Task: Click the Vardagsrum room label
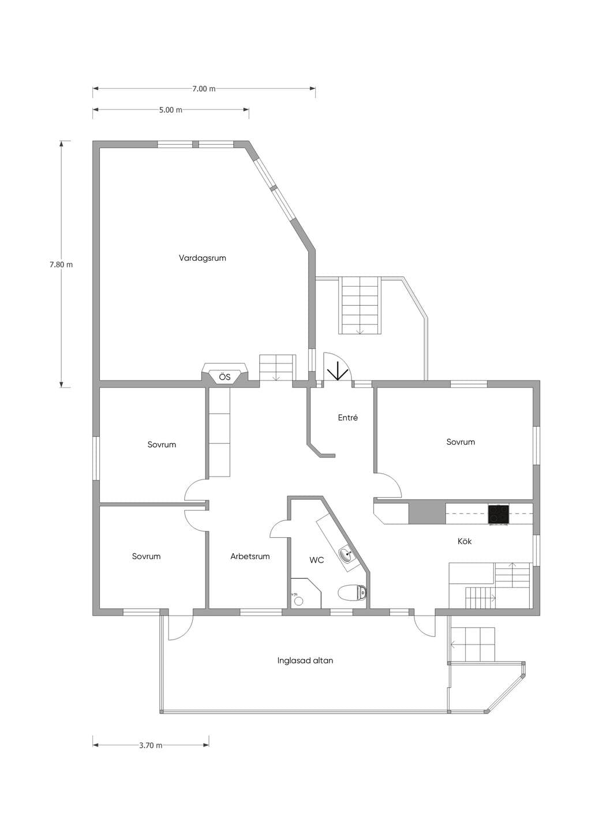coord(203,258)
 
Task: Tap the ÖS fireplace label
coord(225,377)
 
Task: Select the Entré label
coord(347,418)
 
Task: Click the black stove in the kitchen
coord(499,514)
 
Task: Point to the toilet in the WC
coord(353,592)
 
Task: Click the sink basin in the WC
coord(347,554)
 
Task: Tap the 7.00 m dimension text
coord(204,89)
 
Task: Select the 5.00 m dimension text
coord(171,110)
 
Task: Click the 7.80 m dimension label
coord(61,265)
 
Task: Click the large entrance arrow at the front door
coord(337,370)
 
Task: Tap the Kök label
coord(465,541)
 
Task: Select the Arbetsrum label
coord(250,556)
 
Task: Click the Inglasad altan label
coord(305,661)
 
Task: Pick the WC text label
coord(316,560)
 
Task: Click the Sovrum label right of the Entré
coord(461,442)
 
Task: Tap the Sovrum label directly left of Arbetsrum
coord(146,556)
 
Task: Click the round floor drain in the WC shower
coord(298,601)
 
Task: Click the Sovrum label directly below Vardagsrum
coord(161,444)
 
